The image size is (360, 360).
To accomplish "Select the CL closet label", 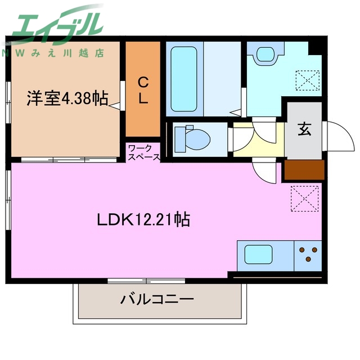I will tap(143, 91).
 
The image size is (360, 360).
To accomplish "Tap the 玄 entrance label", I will tap(304, 130).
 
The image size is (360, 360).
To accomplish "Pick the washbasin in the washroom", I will tap(264, 55).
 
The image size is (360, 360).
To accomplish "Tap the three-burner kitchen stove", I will tap(308, 254).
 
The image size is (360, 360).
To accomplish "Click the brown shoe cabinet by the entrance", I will tap(303, 170).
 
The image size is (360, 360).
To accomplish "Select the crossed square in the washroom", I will tap(308, 79).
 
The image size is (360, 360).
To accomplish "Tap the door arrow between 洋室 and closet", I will tap(116, 105).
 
